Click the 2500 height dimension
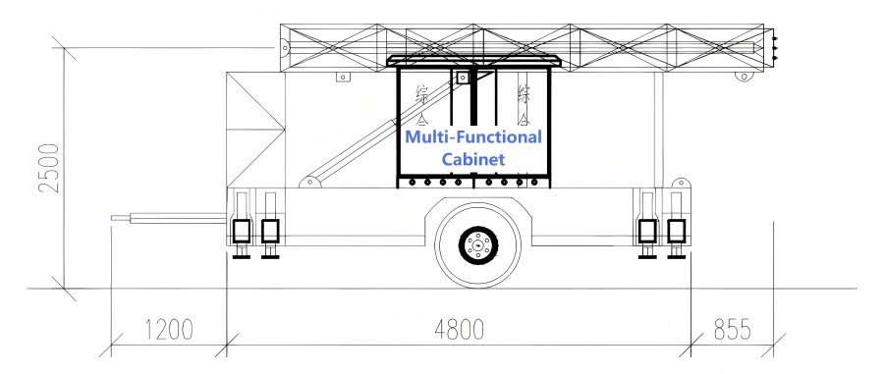(46, 169)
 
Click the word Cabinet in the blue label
(473, 158)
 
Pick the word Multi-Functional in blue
(473, 136)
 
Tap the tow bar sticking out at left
(167, 219)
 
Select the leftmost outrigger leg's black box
(241, 231)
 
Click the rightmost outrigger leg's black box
(676, 231)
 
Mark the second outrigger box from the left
(269, 231)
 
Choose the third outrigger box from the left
(647, 231)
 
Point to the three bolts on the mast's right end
(774, 46)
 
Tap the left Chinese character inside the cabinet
(422, 94)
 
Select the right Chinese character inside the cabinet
(525, 94)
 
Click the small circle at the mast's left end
(286, 46)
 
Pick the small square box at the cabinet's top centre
(459, 75)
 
